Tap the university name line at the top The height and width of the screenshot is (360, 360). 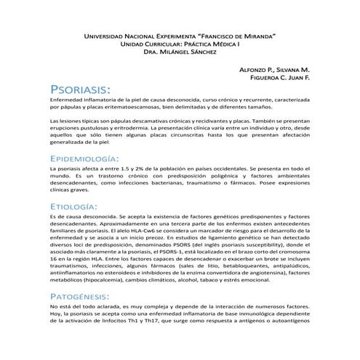pyautogui.click(x=180, y=35)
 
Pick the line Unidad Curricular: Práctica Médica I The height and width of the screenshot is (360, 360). pyautogui.click(x=180, y=44)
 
